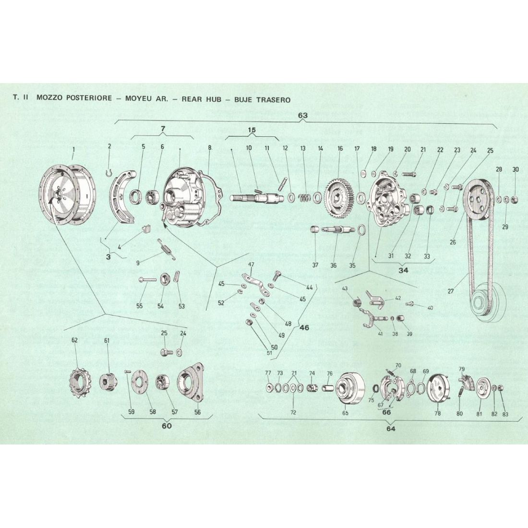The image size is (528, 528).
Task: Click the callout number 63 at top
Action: click(x=302, y=115)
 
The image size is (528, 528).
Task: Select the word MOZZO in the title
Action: click(x=50, y=99)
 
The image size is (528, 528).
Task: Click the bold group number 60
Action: click(x=167, y=426)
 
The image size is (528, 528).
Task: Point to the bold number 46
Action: click(x=304, y=328)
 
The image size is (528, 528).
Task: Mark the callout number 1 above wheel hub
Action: click(x=73, y=149)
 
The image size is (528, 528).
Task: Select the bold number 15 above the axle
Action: click(x=252, y=131)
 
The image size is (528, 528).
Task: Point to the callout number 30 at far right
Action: click(x=516, y=169)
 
